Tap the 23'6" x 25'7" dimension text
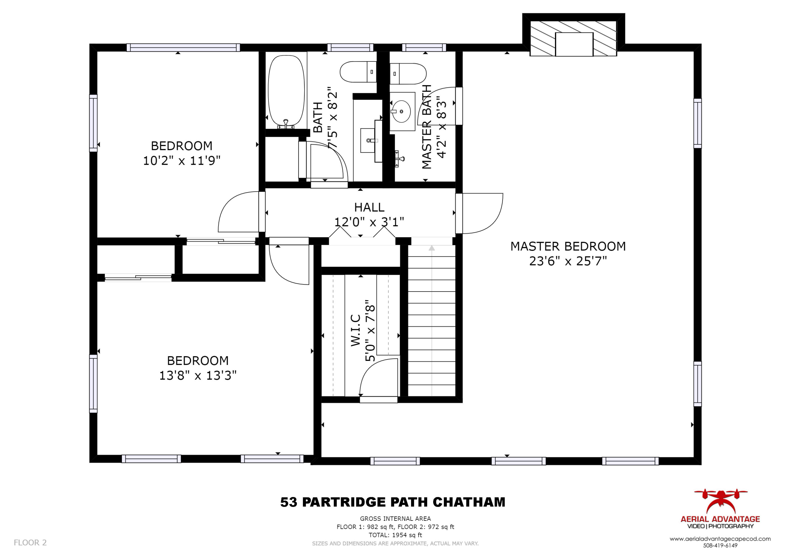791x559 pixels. point(568,261)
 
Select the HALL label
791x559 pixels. point(369,207)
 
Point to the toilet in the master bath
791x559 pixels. point(408,73)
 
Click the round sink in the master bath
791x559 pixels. point(401,111)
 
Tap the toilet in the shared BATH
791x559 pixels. point(358,72)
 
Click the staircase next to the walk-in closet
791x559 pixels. point(432,320)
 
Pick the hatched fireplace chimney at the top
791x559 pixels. point(573,38)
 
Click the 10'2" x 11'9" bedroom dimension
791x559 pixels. point(182,161)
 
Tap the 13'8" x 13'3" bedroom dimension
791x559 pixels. point(198,375)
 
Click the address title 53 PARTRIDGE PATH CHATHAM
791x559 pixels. point(393,502)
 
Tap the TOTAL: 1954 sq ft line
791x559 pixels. point(395,535)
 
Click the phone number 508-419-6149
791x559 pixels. point(720,546)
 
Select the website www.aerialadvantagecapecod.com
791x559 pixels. point(720,539)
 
